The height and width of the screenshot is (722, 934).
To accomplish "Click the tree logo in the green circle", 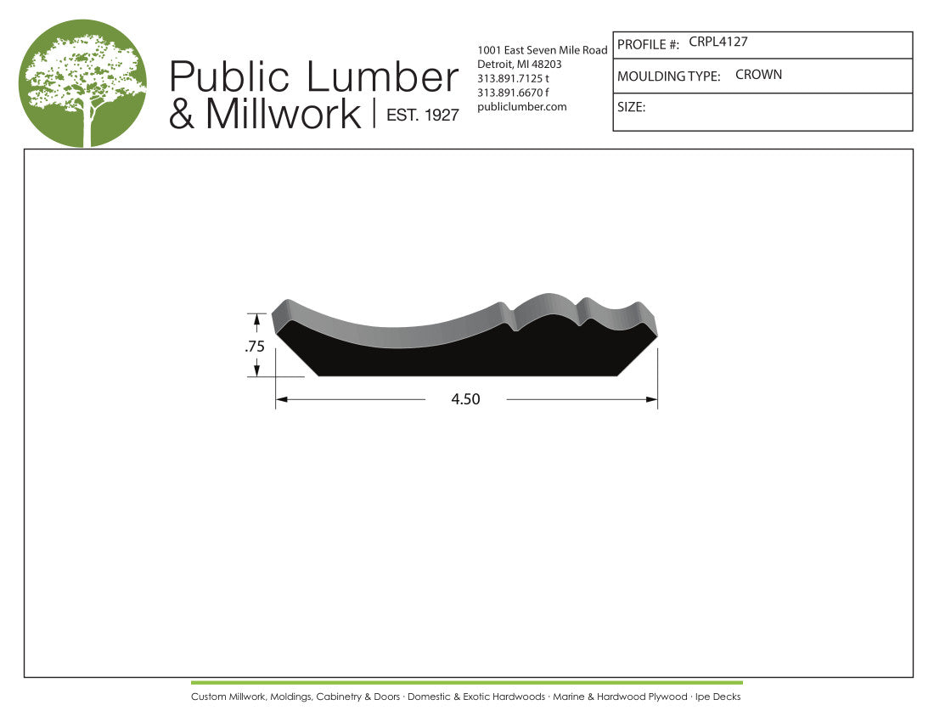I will coord(82,83).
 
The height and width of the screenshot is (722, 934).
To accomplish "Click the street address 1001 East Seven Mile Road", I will coord(543,50).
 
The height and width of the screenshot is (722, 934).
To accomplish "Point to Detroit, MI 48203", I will coord(520,65).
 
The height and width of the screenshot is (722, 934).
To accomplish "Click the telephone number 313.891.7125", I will coord(509,78).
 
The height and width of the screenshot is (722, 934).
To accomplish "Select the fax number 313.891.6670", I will coord(509,93).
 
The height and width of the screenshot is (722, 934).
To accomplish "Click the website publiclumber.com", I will coord(522,106).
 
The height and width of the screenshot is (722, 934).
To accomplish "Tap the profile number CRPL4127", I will coord(718,42).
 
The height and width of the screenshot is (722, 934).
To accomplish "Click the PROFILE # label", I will coord(648,44).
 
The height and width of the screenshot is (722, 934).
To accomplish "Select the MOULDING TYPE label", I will coord(668,76).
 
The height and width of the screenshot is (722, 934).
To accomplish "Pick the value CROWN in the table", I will coord(758,75).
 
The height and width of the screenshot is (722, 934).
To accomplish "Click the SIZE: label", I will coord(631,108).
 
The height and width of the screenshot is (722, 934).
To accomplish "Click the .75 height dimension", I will coord(255,346).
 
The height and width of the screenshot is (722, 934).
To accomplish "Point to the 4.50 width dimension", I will coord(465,399).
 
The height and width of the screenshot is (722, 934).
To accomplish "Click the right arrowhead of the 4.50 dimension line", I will coord(652,399).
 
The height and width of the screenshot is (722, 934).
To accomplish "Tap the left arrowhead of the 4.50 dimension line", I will coord(281,399).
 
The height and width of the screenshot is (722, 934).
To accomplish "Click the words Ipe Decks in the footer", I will coord(717,697).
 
